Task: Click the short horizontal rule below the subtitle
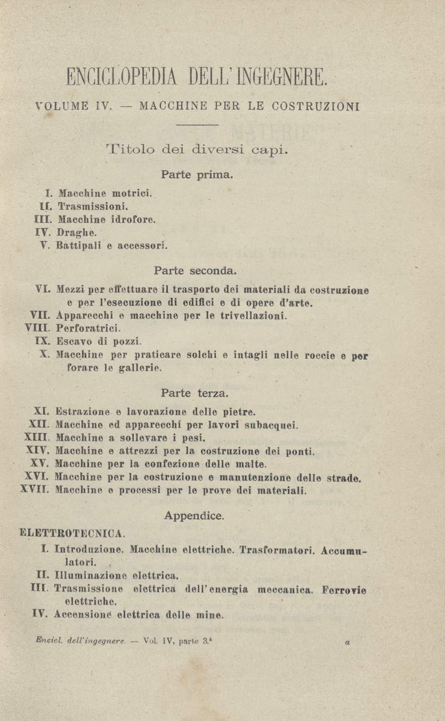197,125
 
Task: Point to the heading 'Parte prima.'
197,174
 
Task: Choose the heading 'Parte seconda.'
195,271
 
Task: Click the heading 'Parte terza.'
195,394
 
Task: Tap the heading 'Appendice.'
195,515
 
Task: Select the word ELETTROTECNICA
72,532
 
